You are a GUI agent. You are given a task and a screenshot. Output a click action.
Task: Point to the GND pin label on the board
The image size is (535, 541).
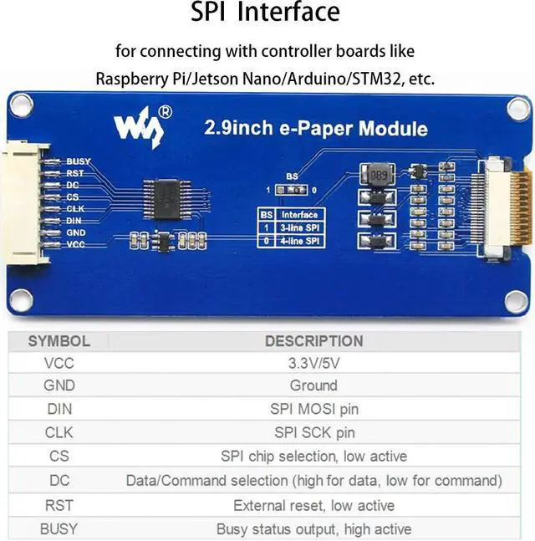pyautogui.click(x=76, y=232)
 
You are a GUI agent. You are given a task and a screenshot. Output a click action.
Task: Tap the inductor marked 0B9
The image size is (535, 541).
pyautogui.click(x=378, y=175)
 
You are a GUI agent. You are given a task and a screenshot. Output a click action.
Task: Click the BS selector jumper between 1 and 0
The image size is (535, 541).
pyautogui.click(x=292, y=190)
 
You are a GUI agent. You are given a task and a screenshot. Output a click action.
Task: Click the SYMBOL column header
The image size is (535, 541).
pyautogui.click(x=59, y=341)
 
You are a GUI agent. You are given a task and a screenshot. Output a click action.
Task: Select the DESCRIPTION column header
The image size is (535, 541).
pyautogui.click(x=313, y=341)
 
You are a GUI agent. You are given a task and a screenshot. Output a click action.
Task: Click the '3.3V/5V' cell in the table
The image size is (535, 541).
pyautogui.click(x=313, y=363)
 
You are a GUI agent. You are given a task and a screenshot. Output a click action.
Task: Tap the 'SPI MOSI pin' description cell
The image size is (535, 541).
pyautogui.click(x=313, y=410)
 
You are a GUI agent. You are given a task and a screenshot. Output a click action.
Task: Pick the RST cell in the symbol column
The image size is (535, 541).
pyautogui.click(x=59, y=505)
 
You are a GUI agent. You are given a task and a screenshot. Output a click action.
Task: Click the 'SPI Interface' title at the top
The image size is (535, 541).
pyautogui.click(x=266, y=13)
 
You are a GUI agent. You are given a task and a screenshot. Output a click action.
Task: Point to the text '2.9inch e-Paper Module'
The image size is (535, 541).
pyautogui.click(x=316, y=129)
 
